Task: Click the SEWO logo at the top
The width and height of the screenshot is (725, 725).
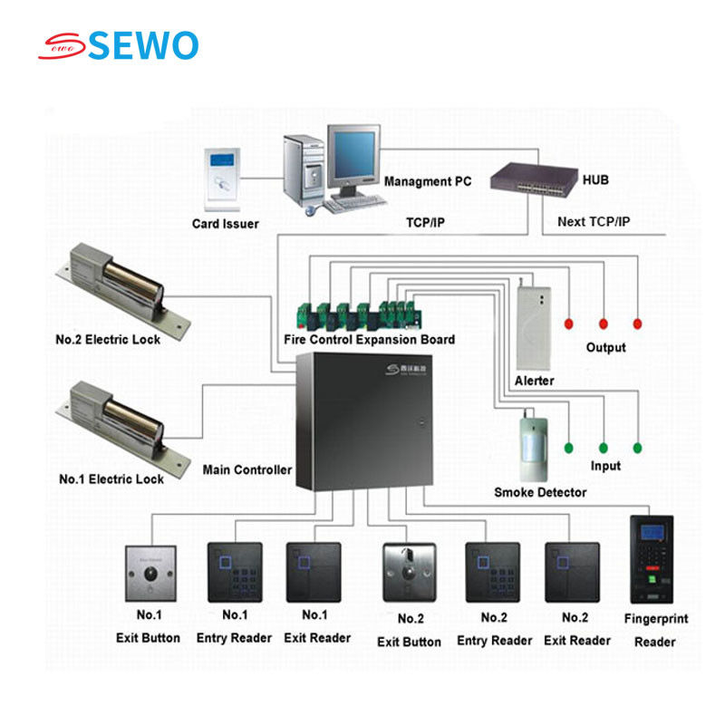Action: [118, 45]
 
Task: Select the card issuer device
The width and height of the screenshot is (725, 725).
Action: [222, 178]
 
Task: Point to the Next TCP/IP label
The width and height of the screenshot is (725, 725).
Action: [594, 221]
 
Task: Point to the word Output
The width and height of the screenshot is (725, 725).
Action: [605, 347]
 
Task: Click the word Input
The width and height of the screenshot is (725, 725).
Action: [605, 466]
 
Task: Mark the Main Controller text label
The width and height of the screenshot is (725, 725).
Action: [246, 469]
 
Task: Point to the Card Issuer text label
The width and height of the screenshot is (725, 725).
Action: [225, 224]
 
